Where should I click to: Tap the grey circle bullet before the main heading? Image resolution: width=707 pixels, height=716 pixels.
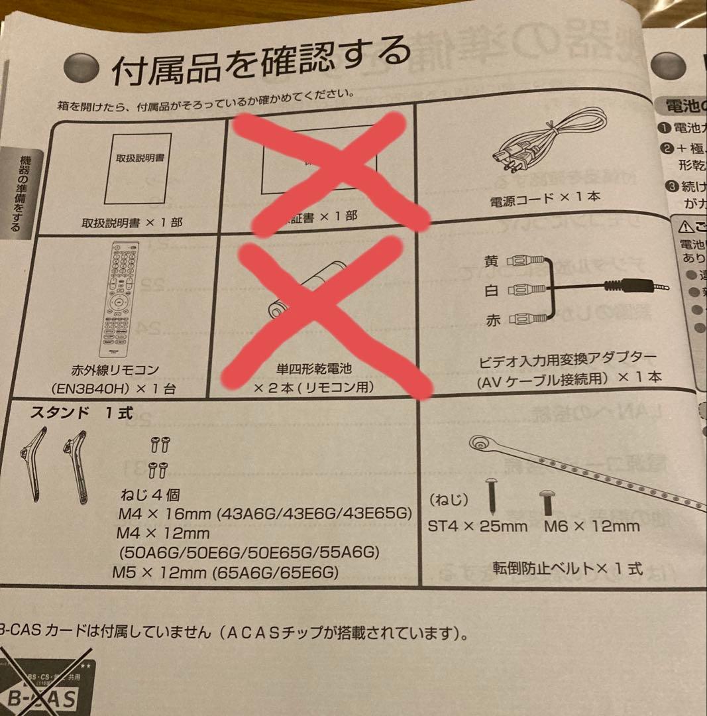pyautogui.click(x=81, y=68)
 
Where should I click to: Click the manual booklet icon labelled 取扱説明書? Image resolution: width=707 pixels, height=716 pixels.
pyautogui.click(x=138, y=168)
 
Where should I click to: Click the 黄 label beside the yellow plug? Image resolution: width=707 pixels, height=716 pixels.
pyautogui.click(x=492, y=261)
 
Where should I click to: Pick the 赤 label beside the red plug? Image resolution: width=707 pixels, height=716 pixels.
pyautogui.click(x=493, y=321)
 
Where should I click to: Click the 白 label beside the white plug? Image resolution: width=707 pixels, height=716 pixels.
pyautogui.click(x=492, y=290)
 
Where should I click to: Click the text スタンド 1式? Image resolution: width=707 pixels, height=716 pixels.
pyautogui.click(x=82, y=414)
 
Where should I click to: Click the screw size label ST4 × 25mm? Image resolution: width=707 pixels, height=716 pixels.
pyautogui.click(x=478, y=526)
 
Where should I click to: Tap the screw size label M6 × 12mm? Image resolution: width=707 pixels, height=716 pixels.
pyautogui.click(x=592, y=526)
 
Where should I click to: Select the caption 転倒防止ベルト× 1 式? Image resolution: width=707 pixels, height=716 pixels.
pyautogui.click(x=567, y=568)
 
